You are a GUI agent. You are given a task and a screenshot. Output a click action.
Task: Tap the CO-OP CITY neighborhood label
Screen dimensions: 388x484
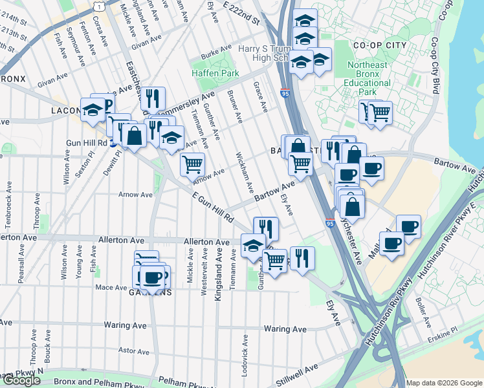[x=379, y=45]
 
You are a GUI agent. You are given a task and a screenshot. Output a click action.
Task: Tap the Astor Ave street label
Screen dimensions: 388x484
[x=135, y=351]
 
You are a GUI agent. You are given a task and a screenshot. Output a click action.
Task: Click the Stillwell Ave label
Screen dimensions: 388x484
[x=303, y=371]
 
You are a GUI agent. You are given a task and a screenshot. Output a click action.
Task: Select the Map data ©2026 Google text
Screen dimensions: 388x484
[x=443, y=383]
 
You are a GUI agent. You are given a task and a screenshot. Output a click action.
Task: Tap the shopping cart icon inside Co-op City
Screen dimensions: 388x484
[x=380, y=112]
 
